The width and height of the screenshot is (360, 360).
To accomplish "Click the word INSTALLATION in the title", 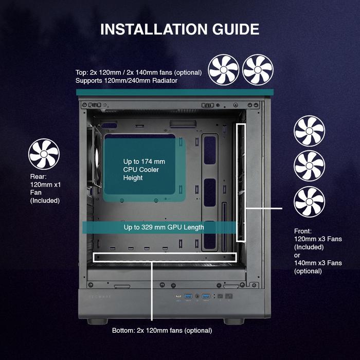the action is click(x=154, y=29).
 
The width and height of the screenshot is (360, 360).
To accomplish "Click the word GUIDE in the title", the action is click(x=236, y=29).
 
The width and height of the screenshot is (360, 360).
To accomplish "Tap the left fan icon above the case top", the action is click(x=223, y=70).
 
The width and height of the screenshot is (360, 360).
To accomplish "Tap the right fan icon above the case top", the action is click(x=258, y=70).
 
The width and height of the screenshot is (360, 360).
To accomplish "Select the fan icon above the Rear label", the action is click(x=44, y=154).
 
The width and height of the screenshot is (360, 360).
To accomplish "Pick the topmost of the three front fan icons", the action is click(x=309, y=131).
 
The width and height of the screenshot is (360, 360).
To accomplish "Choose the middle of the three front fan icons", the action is click(x=309, y=166).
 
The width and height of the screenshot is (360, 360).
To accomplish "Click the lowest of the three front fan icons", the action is click(x=309, y=202).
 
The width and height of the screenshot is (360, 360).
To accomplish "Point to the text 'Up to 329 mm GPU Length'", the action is click(x=164, y=227).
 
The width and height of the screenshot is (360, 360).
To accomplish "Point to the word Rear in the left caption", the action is click(x=38, y=176).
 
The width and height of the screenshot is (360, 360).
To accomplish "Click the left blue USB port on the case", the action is click(x=188, y=296).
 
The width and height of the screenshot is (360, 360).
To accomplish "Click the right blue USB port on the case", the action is click(x=206, y=296).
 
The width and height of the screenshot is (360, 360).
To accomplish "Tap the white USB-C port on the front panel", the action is click(x=178, y=296).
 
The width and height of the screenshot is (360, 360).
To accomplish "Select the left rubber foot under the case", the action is click(x=97, y=321).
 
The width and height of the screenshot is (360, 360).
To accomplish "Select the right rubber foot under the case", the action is click(x=233, y=321).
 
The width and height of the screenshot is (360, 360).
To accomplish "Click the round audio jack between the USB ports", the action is click(x=197, y=296).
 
